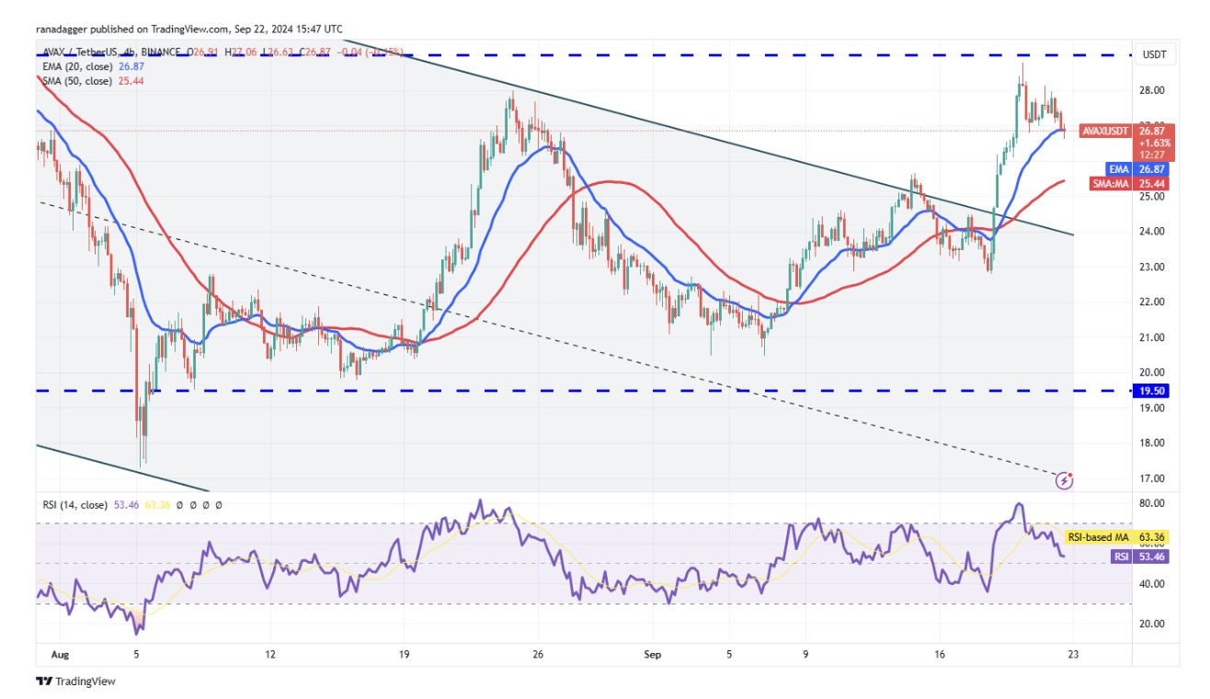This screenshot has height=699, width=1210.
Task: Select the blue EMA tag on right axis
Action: [x=1117, y=169]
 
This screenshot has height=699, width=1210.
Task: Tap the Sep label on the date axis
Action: [x=653, y=656]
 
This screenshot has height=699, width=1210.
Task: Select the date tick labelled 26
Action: [x=538, y=656]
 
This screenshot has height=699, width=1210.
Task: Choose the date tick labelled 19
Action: [x=405, y=656]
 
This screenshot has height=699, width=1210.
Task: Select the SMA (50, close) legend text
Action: [x=76, y=81]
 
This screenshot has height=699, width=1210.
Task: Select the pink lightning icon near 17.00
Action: [x=1065, y=479]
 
